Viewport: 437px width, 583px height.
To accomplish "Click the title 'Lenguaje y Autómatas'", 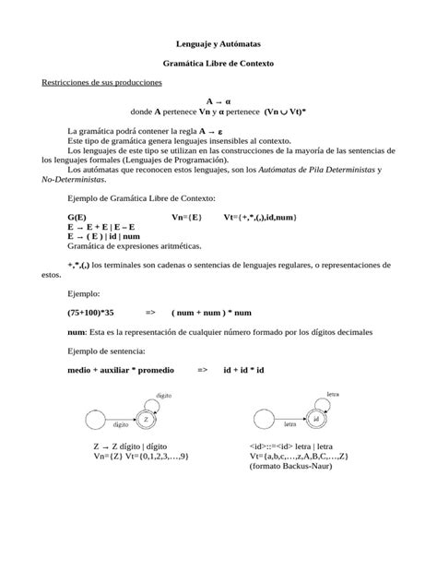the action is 218,43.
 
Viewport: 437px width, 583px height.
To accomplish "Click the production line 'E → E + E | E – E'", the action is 101,226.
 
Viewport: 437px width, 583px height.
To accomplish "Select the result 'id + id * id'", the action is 243,369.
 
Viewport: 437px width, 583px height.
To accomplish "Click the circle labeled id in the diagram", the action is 315,419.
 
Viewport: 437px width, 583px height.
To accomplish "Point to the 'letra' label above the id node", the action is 333,394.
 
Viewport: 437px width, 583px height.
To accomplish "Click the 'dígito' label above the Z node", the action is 163,394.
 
